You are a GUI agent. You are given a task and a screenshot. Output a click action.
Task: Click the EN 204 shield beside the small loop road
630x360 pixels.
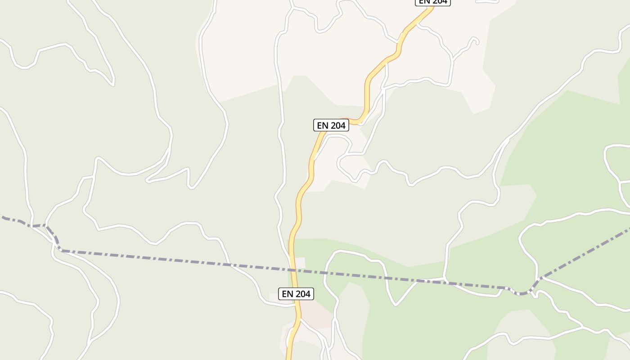tap(331, 126)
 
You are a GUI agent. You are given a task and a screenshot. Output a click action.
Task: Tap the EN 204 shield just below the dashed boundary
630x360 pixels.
tap(296, 294)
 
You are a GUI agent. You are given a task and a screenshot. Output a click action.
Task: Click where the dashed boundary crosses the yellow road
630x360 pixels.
tap(293, 270)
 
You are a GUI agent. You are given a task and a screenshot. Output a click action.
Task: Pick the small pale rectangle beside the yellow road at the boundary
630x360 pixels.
tap(300, 262)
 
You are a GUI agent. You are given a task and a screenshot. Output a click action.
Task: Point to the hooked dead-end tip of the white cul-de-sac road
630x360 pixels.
tap(476, 41)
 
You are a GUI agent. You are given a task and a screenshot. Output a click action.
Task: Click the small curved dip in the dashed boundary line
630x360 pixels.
tap(522, 293)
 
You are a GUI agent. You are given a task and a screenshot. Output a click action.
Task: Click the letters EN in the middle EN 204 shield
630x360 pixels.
tap(323, 126)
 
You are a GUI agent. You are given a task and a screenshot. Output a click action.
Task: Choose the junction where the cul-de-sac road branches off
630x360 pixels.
tap(452, 58)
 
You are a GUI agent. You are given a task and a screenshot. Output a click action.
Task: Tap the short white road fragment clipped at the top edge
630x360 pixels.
tap(487, 1)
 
